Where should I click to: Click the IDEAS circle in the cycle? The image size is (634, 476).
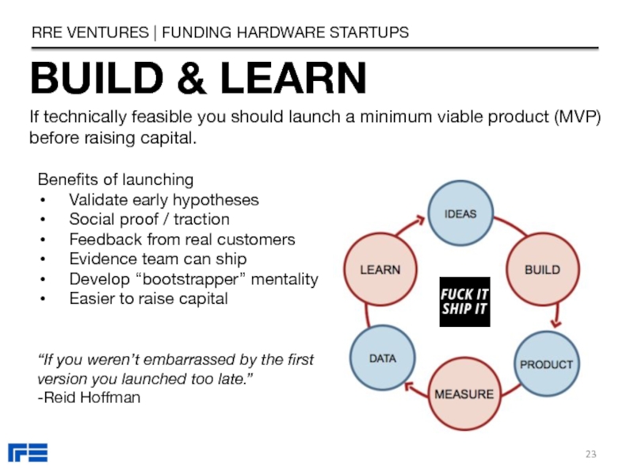click(460, 215)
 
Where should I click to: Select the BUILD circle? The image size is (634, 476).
click(542, 270)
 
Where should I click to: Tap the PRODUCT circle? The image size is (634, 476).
click(546, 364)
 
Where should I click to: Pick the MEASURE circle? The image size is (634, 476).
click(464, 393)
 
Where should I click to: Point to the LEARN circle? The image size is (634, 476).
click(380, 270)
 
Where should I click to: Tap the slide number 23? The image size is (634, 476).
click(590, 453)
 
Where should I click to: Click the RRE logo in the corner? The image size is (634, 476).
click(28, 453)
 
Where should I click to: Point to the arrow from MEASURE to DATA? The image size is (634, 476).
click(415, 388)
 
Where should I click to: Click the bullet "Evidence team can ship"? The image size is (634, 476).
click(158, 259)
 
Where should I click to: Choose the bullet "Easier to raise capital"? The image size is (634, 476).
click(148, 299)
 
